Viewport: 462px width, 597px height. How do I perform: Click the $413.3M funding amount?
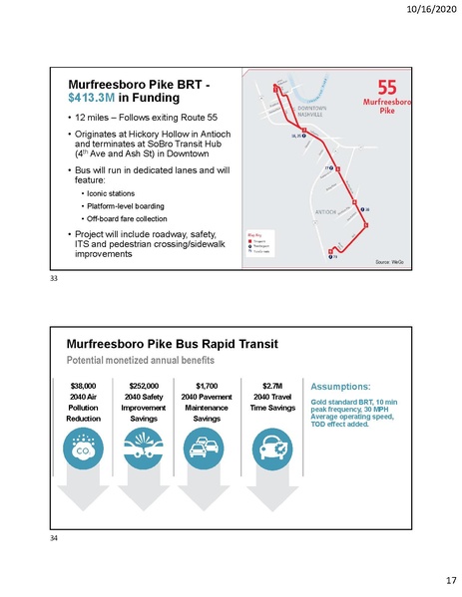tap(90, 100)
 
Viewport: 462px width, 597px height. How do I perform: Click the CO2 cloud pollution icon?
tap(83, 449)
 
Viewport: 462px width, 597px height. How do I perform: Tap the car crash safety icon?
tap(146, 449)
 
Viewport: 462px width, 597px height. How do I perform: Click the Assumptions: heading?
tap(341, 383)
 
